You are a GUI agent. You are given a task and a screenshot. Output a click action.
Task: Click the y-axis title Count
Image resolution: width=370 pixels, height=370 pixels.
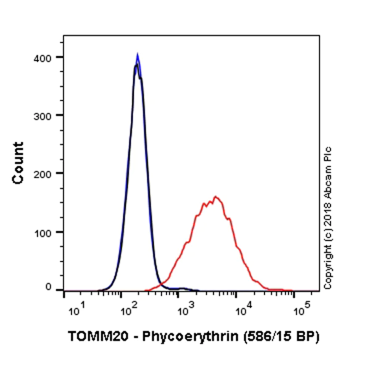pyautogui.click(x=18, y=162)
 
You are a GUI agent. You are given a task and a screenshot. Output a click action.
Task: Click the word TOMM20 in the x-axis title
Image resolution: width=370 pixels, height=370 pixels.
pyautogui.click(x=90, y=337)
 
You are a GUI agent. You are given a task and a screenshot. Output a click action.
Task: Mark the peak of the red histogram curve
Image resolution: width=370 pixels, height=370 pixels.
pyautogui.click(x=215, y=197)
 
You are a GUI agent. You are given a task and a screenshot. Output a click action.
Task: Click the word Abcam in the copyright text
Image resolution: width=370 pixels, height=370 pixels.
pyautogui.click(x=328, y=179)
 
